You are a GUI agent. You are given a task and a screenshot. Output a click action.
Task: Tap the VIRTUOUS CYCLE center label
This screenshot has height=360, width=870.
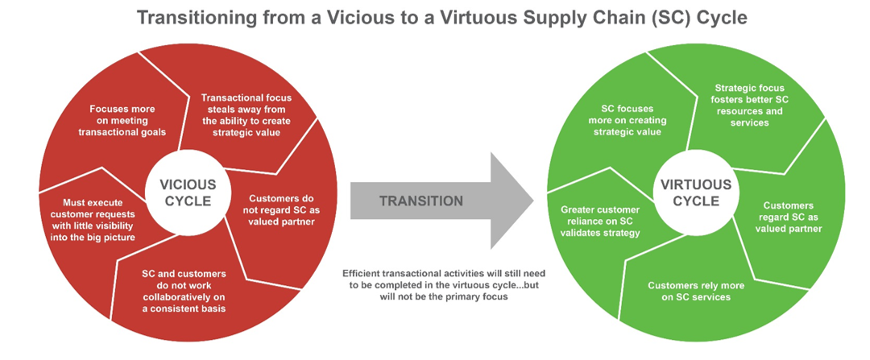(x=695, y=193)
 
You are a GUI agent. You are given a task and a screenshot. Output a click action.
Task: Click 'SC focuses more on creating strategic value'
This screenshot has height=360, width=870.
(x=632, y=119)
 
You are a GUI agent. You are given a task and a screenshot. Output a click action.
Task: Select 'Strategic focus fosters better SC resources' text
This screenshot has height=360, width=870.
(x=750, y=106)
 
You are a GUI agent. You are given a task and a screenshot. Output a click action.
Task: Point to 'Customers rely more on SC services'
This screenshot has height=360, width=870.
(x=689, y=291)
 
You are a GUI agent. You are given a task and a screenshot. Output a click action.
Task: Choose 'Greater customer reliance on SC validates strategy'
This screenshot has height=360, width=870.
(x=600, y=221)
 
